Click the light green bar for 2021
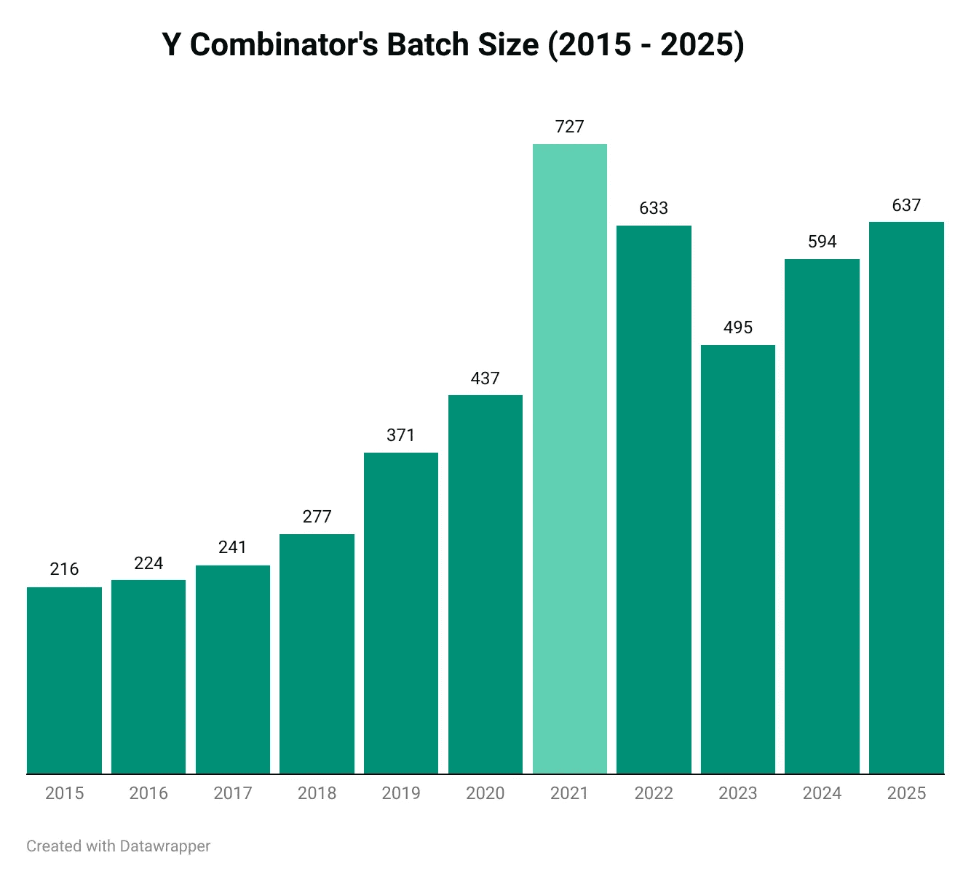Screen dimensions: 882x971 click(569, 458)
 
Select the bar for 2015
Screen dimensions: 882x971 click(64, 680)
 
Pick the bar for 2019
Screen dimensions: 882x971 click(401, 613)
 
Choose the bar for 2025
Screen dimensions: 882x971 click(906, 498)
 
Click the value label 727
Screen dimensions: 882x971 click(569, 127)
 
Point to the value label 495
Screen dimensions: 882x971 click(737, 327)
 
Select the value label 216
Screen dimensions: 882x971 click(64, 569)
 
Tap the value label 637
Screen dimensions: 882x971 click(906, 205)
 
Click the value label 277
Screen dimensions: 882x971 click(317, 517)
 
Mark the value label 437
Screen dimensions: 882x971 click(485, 378)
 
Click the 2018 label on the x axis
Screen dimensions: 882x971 click(317, 793)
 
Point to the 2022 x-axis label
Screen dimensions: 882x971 click(654, 793)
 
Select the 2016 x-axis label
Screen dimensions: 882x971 click(148, 793)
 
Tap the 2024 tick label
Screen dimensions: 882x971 click(822, 793)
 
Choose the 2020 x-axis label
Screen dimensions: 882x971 click(485, 793)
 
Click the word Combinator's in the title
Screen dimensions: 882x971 click(284, 45)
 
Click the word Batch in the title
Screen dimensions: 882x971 click(428, 45)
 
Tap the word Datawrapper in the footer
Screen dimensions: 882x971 click(165, 846)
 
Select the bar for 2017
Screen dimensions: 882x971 click(233, 670)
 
